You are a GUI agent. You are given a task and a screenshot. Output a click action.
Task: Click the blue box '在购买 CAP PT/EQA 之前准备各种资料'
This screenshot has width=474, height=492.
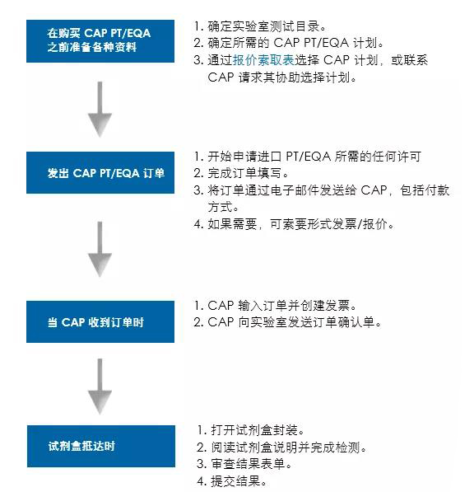click(100, 41)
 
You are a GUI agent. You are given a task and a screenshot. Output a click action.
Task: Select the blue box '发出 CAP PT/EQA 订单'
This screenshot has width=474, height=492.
click(100, 172)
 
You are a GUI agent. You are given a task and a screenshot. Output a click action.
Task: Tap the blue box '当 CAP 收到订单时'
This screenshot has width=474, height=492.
click(100, 321)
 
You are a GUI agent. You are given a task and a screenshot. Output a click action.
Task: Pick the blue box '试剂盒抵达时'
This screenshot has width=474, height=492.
click(101, 446)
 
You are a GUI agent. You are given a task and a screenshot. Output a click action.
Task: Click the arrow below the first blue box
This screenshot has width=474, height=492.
click(100, 110)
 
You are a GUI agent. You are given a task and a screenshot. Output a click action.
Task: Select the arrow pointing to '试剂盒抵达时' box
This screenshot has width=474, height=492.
click(100, 387)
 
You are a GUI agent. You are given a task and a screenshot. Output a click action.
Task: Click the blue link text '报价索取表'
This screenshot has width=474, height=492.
click(263, 59)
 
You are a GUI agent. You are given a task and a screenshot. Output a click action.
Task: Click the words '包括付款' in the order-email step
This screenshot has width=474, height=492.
click(425, 190)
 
